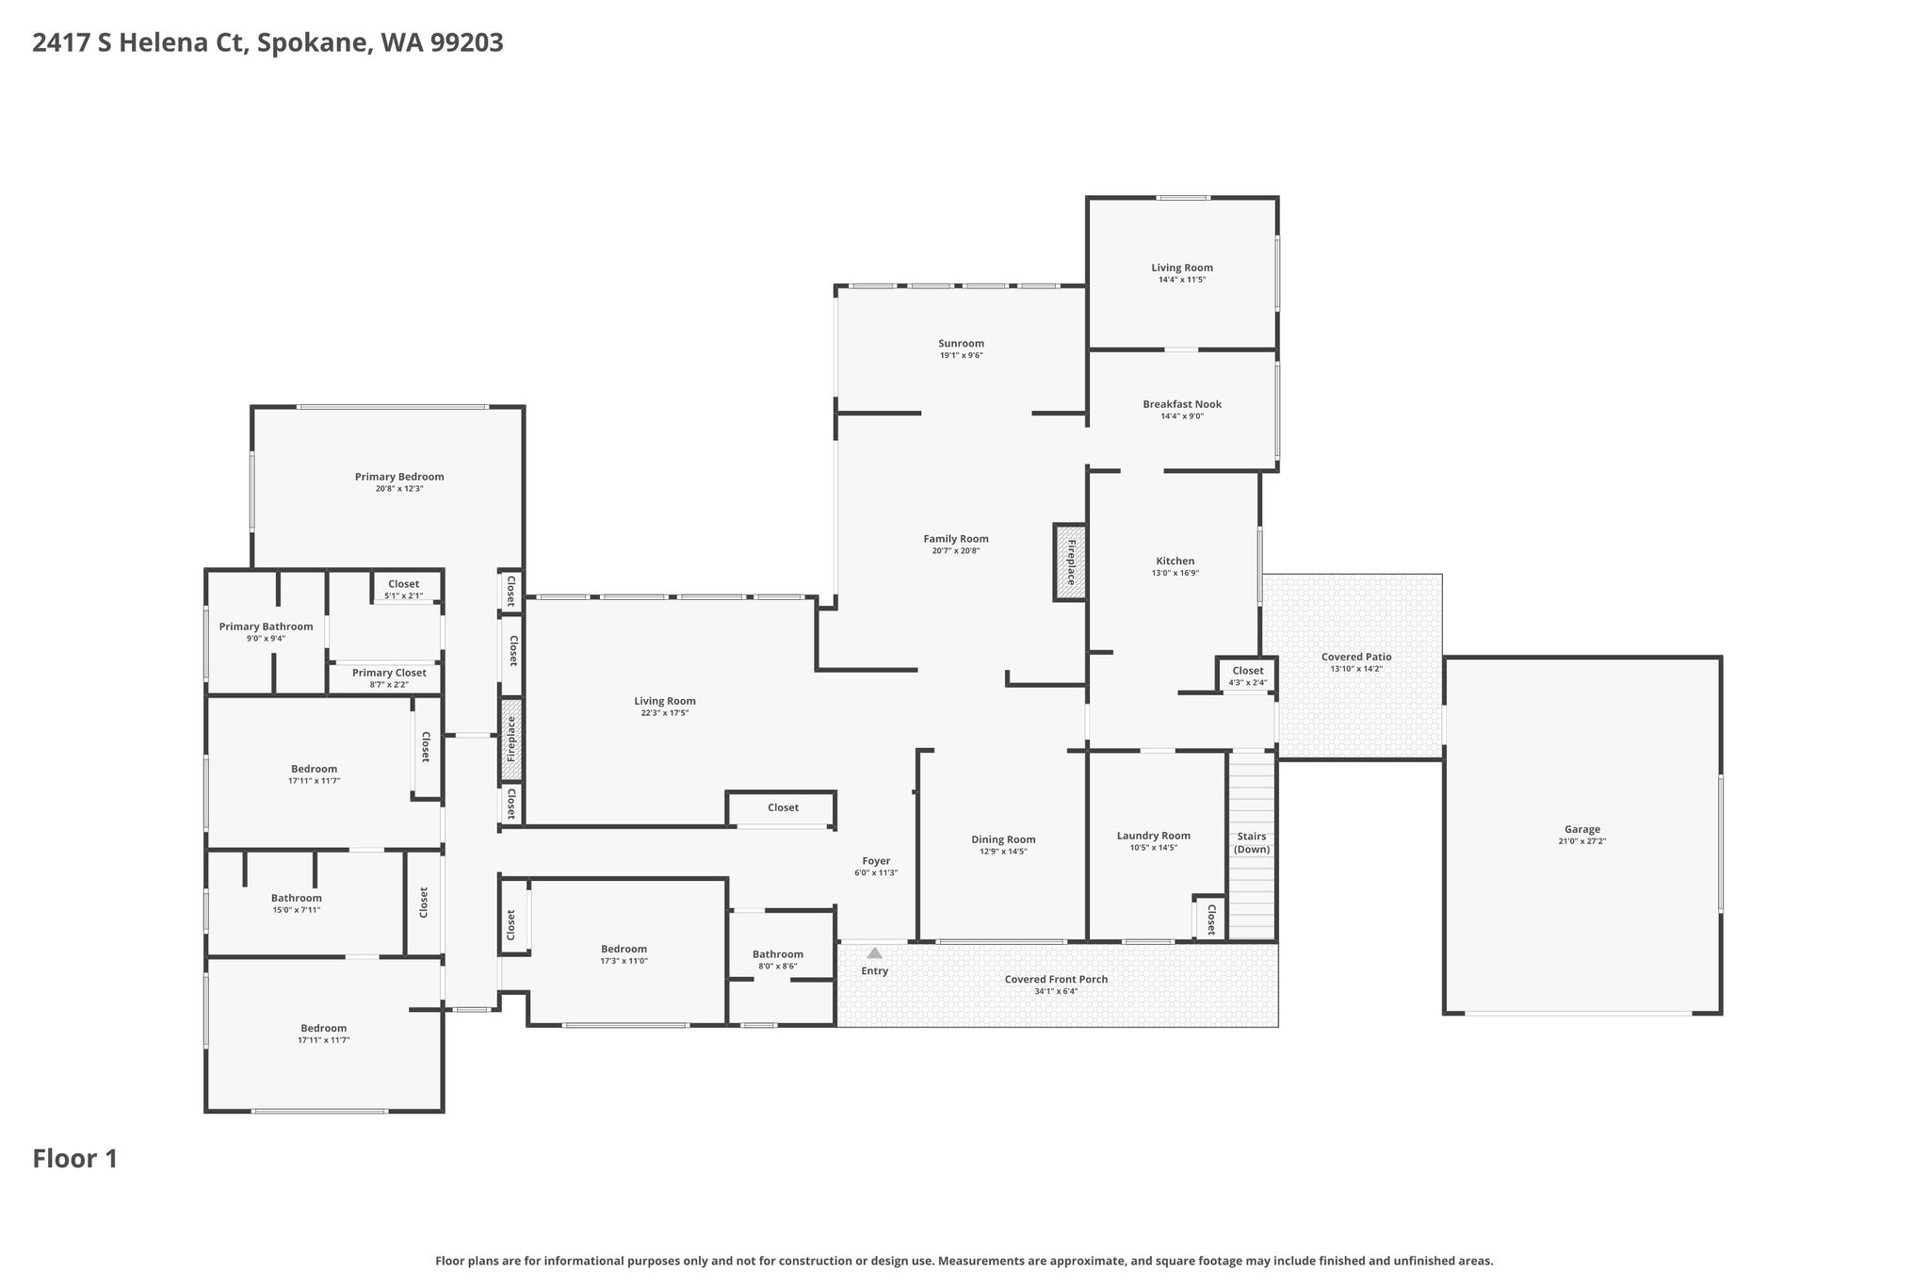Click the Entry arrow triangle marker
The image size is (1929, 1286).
coord(874,952)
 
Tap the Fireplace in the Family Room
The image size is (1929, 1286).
coord(1070,562)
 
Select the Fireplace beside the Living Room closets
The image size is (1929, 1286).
coord(511,740)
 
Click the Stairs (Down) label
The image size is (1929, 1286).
coord(1252,843)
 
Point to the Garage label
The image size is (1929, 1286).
coord(1582,830)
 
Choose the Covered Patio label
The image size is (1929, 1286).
coord(1356,657)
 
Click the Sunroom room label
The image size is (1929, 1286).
coord(961,343)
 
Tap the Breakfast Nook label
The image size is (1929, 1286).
coord(1182,404)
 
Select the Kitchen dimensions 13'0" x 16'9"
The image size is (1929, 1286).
coord(1175,573)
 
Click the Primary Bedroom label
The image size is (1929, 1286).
coord(399,477)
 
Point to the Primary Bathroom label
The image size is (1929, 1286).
coord(266,627)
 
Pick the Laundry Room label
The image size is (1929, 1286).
coord(1154,836)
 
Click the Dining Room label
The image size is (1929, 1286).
coord(1003,839)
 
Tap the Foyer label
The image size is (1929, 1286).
coord(876,861)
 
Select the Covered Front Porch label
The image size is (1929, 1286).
coord(1056,979)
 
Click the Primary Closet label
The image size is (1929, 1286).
coord(389,673)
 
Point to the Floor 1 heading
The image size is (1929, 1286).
coord(75,1159)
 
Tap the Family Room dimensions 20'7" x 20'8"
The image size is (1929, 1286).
coord(956,551)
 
